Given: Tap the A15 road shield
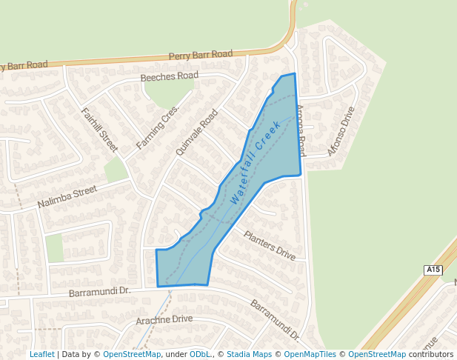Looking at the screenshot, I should pyautogui.click(x=433, y=270).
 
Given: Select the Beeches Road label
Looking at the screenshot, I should pyautogui.click(x=170, y=76).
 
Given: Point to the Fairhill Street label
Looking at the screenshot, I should pyautogui.click(x=99, y=130).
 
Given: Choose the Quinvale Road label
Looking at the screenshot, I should pyautogui.click(x=197, y=132).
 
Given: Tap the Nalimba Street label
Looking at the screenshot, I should pyautogui.click(x=67, y=197).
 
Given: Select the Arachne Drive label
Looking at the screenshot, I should pyautogui.click(x=164, y=320).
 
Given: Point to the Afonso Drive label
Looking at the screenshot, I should pyautogui.click(x=341, y=131).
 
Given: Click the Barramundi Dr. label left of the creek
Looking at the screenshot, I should pyautogui.click(x=99, y=293).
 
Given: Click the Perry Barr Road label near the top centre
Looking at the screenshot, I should pyautogui.click(x=200, y=55).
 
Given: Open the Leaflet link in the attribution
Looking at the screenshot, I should pyautogui.click(x=41, y=354).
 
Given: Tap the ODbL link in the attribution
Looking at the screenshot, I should pyautogui.click(x=199, y=354).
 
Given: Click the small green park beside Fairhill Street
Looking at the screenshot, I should pyautogui.click(x=115, y=170).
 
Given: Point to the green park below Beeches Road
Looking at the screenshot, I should pyautogui.click(x=167, y=92).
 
